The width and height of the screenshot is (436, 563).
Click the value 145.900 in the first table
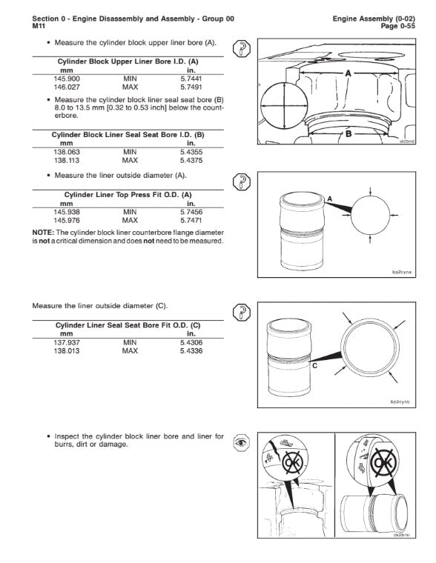67,79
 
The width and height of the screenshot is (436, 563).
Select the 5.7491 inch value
191,87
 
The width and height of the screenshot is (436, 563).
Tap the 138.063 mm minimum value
67,153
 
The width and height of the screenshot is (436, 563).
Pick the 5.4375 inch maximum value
191,161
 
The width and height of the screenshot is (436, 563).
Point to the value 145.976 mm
67,221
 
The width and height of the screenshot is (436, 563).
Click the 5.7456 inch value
191,212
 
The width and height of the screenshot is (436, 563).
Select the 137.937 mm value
67,342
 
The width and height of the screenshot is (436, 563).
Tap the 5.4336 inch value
191,351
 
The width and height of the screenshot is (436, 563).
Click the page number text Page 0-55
398,26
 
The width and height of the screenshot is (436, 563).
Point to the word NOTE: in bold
43,233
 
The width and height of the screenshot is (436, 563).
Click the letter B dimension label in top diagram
349,134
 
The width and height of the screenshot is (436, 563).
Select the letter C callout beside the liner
315,365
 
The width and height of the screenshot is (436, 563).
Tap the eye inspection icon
241,442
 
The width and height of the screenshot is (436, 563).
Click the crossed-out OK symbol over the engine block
293,463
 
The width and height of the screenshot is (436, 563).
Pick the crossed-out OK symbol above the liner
383,462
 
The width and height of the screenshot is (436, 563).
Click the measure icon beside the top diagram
241,48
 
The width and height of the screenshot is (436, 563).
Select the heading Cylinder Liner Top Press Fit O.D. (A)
128,195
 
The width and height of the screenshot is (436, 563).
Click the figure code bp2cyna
402,272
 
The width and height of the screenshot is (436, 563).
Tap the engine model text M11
39,26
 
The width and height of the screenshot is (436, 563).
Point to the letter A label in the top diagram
348,73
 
